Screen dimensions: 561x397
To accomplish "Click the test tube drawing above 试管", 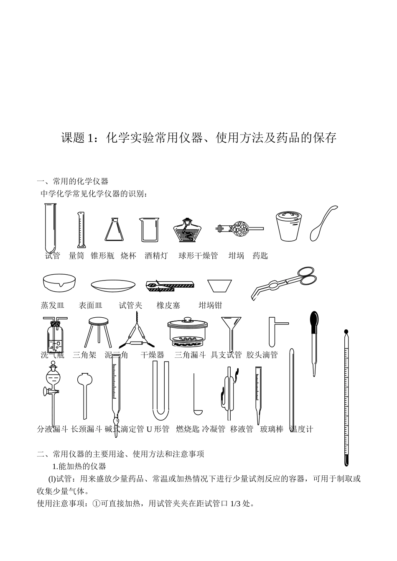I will [x=50, y=228].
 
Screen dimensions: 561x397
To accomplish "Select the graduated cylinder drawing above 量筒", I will [x=81, y=230].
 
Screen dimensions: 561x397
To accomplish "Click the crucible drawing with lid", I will [x=289, y=226].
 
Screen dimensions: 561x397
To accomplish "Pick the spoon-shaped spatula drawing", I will [x=323, y=224].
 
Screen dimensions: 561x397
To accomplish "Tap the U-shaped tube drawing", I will [x=160, y=391].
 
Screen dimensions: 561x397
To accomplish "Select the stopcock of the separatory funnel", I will [x=47, y=392].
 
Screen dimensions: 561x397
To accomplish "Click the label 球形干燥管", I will [x=198, y=256].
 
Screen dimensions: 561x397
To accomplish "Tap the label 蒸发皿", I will [x=53, y=306].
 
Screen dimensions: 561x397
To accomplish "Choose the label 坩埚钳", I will [x=210, y=306].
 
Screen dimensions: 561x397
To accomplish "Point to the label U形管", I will [x=158, y=429].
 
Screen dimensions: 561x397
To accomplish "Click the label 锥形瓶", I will [x=102, y=256].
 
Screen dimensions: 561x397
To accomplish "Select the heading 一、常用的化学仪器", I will [x=73, y=181].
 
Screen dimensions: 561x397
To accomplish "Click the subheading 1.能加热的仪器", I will [x=79, y=466].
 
